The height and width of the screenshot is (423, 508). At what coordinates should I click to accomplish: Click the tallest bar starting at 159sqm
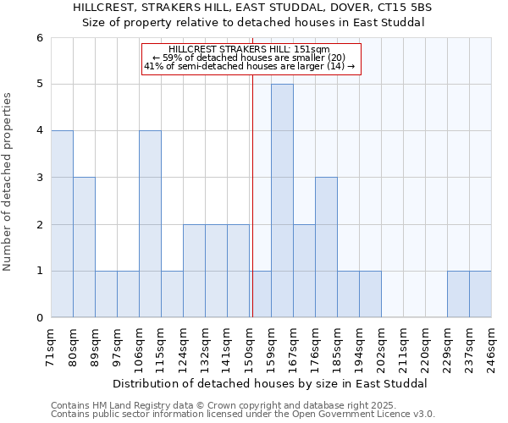(282, 201)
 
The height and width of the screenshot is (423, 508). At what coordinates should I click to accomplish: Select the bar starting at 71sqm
(62, 224)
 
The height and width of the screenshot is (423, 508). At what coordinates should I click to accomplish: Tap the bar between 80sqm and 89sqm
(84, 247)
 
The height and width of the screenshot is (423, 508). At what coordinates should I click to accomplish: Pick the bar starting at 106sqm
(150, 224)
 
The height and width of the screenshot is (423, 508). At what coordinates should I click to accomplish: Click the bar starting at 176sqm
(326, 247)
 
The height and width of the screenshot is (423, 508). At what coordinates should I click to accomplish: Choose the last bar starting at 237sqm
(480, 294)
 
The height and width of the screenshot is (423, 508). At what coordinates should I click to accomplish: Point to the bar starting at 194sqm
(370, 294)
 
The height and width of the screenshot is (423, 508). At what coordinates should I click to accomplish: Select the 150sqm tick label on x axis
(250, 345)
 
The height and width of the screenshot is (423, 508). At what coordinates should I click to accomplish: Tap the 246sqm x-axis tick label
(492, 345)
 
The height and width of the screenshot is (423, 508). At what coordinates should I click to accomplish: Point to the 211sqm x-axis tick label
(404, 345)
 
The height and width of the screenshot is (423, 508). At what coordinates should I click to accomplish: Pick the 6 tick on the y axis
(39, 37)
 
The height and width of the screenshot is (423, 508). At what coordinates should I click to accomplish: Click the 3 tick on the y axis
(39, 178)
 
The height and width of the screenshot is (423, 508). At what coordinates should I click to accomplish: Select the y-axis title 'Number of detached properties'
(8, 182)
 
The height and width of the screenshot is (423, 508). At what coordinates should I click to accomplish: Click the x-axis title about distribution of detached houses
(271, 383)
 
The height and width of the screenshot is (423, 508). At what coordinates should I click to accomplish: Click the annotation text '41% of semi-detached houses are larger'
(251, 66)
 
